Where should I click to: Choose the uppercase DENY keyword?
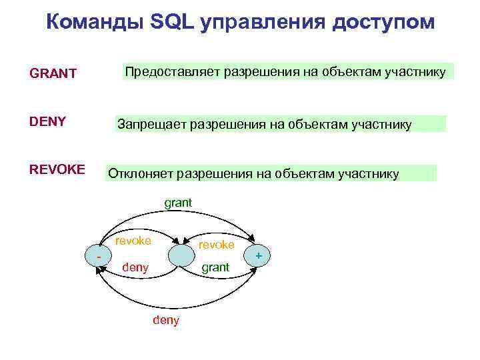[x=47, y=121]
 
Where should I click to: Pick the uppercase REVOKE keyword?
[x=57, y=169]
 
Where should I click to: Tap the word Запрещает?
[x=152, y=124]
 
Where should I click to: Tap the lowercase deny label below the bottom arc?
[x=166, y=321]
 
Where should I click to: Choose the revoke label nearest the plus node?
[x=217, y=245]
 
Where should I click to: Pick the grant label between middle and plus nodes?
[x=215, y=267]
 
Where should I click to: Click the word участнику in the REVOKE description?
[x=369, y=174]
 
